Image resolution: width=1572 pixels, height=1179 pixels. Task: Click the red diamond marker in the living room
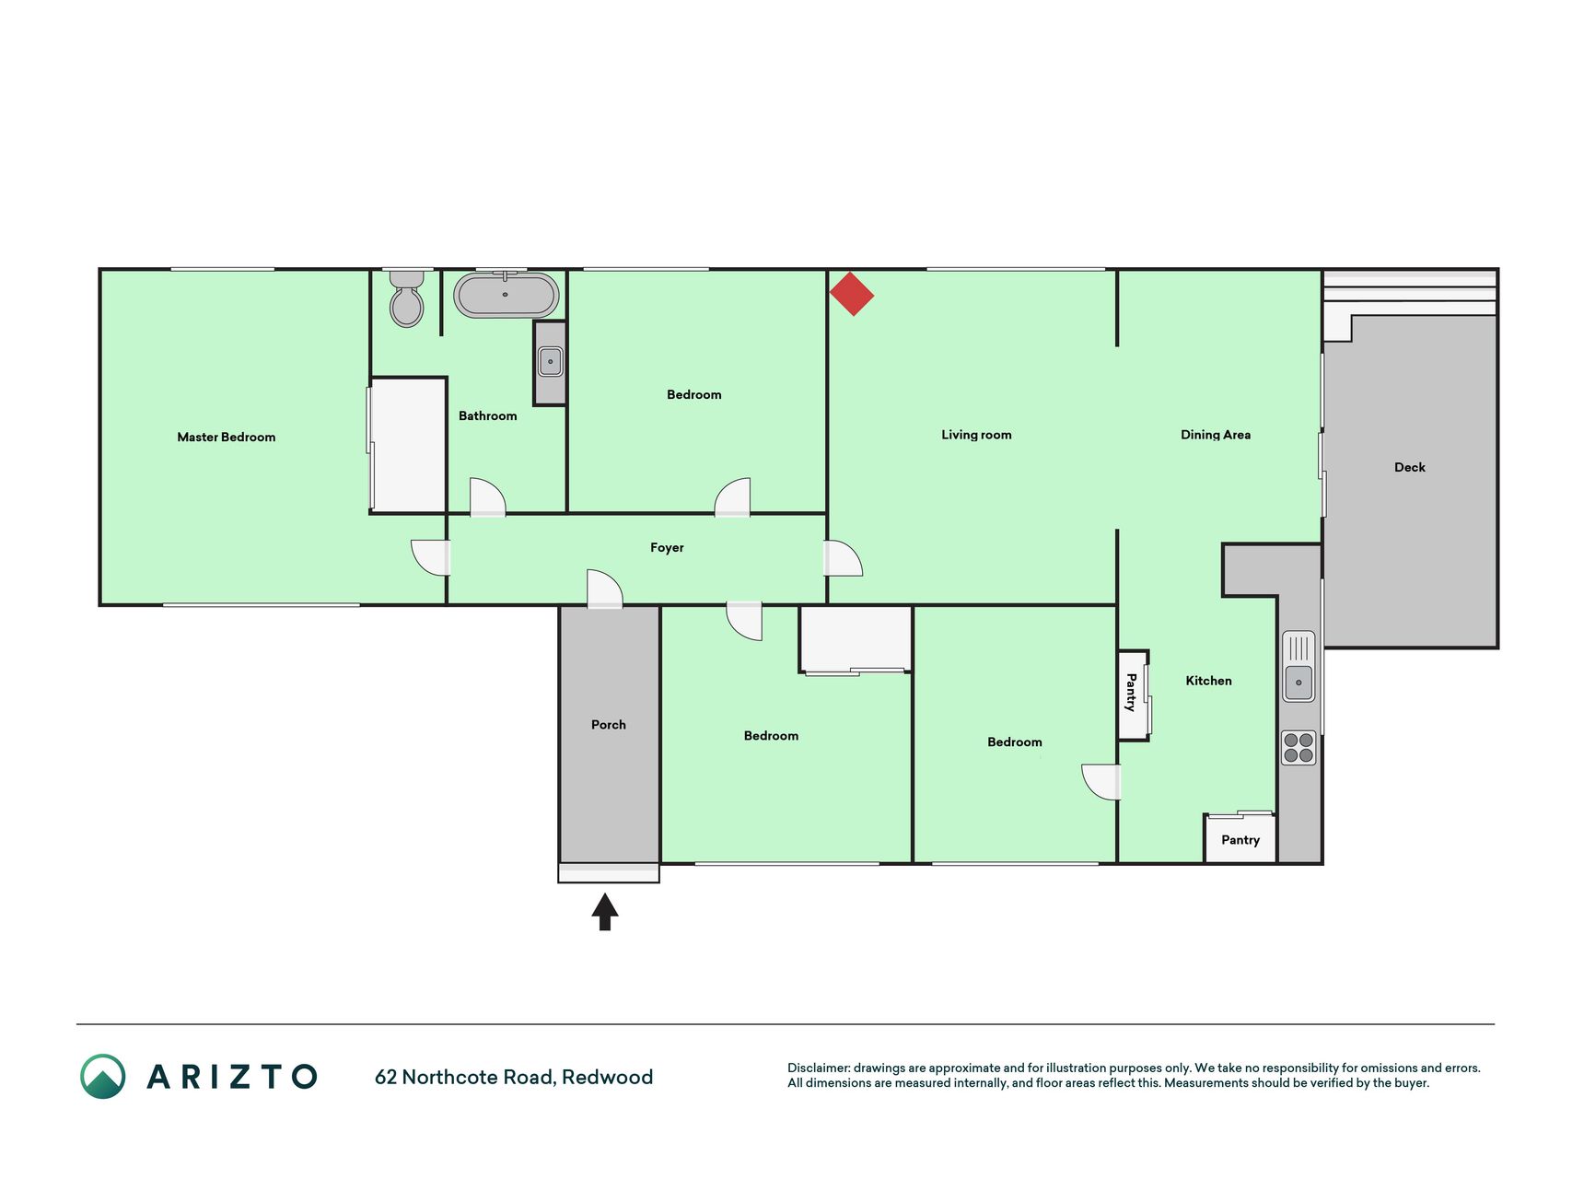(852, 294)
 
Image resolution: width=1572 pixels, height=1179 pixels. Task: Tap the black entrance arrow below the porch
(605, 912)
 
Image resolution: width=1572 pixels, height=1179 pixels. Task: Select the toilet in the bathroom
(406, 299)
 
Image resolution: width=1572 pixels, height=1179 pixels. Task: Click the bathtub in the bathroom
(507, 295)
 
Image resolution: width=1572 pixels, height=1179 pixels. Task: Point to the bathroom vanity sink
(550, 361)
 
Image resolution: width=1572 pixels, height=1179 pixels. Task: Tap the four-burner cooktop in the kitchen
(1298, 748)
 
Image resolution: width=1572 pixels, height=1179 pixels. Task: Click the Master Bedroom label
(227, 438)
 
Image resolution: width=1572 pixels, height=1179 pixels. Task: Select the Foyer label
(667, 548)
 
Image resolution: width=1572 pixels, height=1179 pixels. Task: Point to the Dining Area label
(1216, 435)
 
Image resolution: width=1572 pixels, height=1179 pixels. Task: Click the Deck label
(1410, 467)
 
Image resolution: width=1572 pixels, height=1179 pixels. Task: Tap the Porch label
(609, 725)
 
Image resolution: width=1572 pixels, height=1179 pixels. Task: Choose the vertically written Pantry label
(1131, 693)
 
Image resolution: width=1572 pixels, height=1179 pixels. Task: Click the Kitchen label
(1208, 681)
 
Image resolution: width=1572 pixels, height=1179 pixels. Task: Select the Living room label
(976, 435)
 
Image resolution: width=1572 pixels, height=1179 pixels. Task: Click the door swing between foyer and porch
(605, 589)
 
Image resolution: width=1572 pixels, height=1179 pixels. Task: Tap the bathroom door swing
(488, 497)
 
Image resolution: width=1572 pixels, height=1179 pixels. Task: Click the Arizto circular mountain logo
(103, 1077)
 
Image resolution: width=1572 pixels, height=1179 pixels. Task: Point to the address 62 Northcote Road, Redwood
(514, 1077)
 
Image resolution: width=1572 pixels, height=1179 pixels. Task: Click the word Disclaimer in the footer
(819, 1068)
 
